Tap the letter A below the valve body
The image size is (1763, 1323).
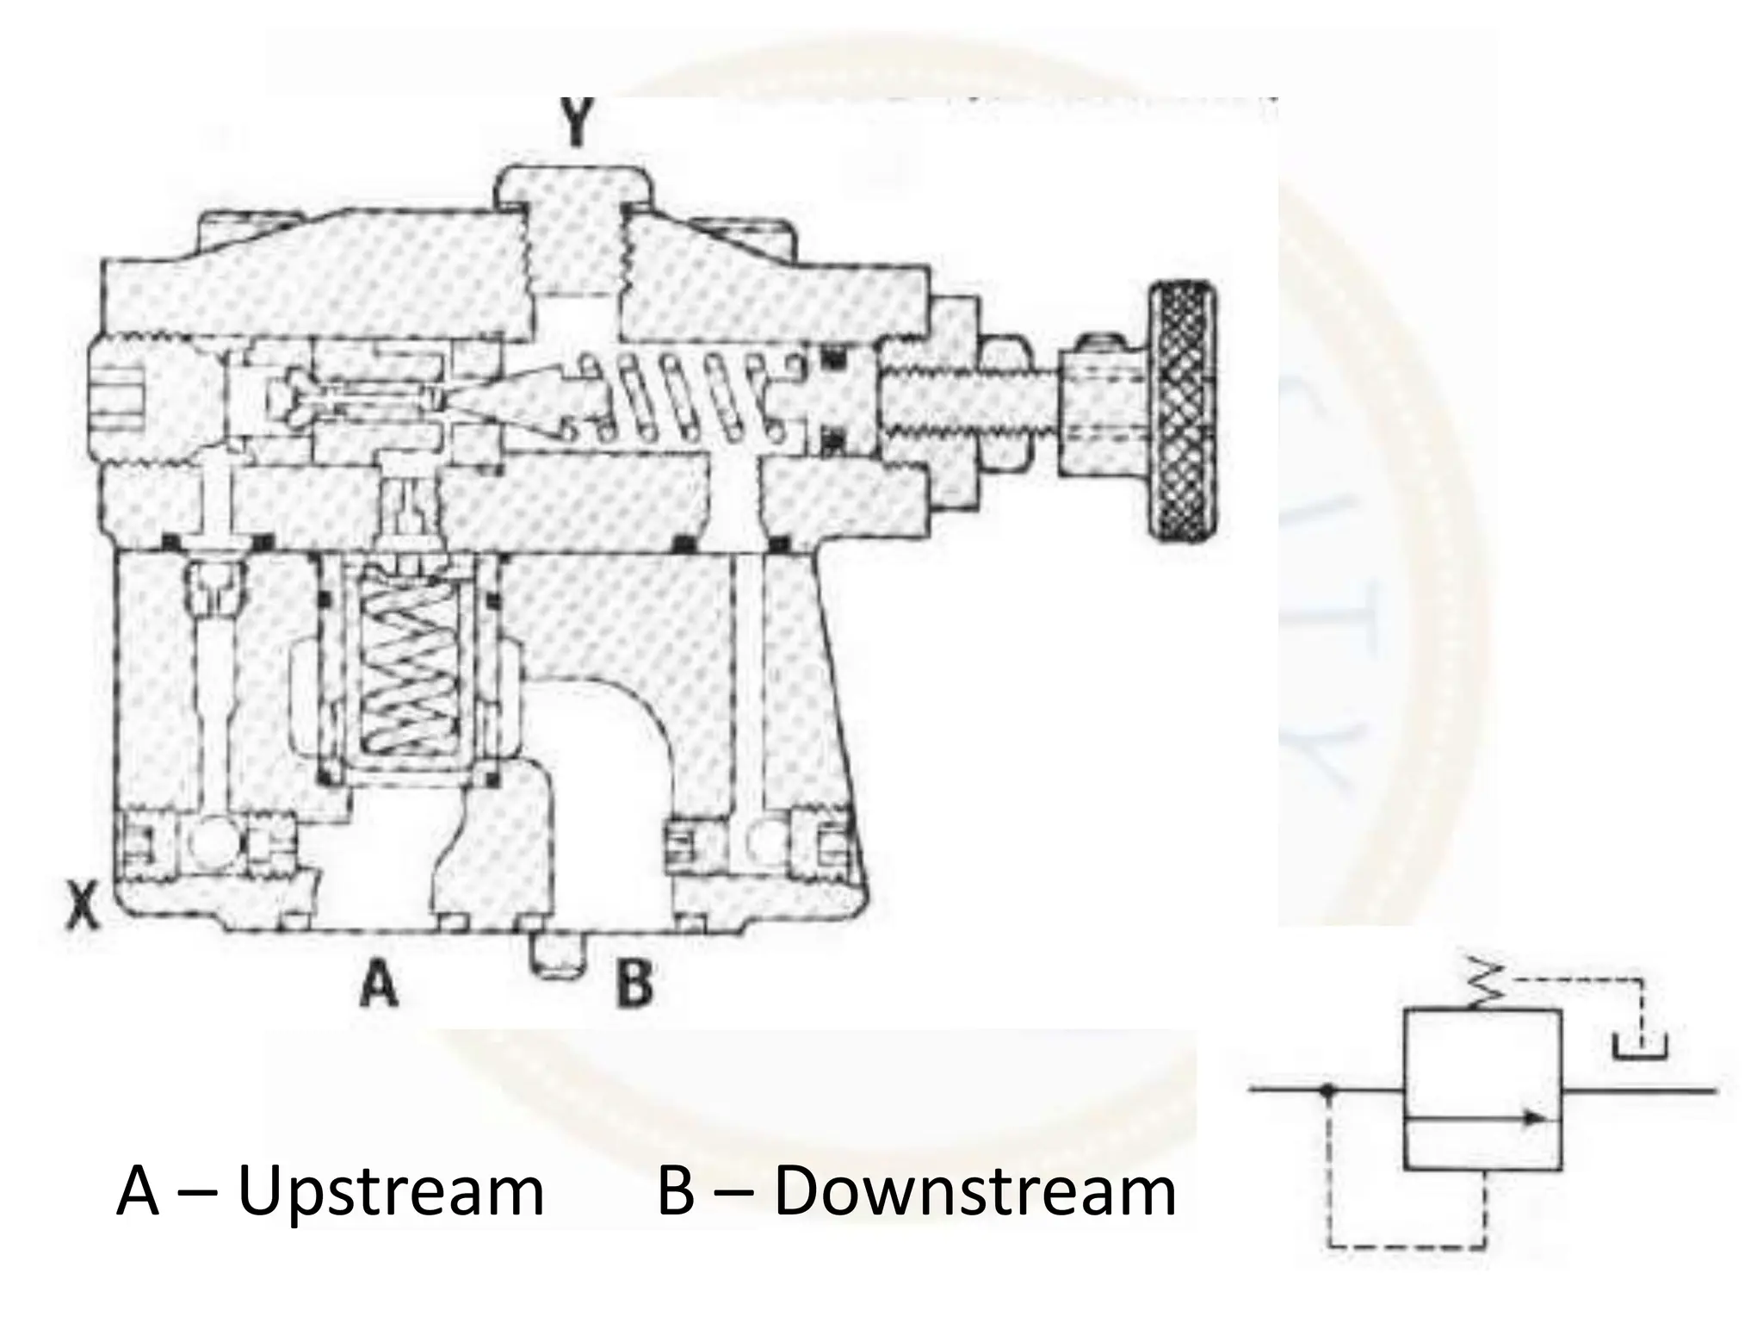tap(379, 984)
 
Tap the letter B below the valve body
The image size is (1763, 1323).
tap(634, 984)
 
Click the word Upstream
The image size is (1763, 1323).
tap(390, 1194)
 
